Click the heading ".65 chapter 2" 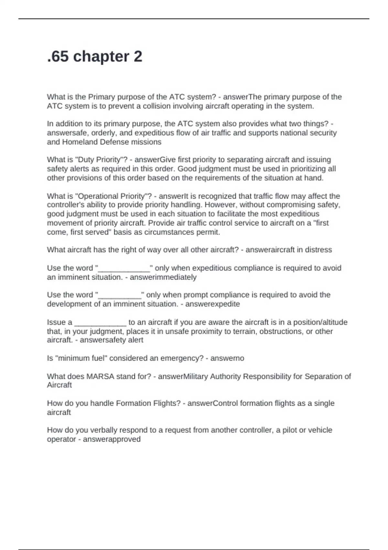click(x=94, y=57)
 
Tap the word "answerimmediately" click(x=163, y=277)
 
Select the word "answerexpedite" click(x=212, y=304)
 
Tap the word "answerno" click(x=227, y=358)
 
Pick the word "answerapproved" click(x=112, y=439)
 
